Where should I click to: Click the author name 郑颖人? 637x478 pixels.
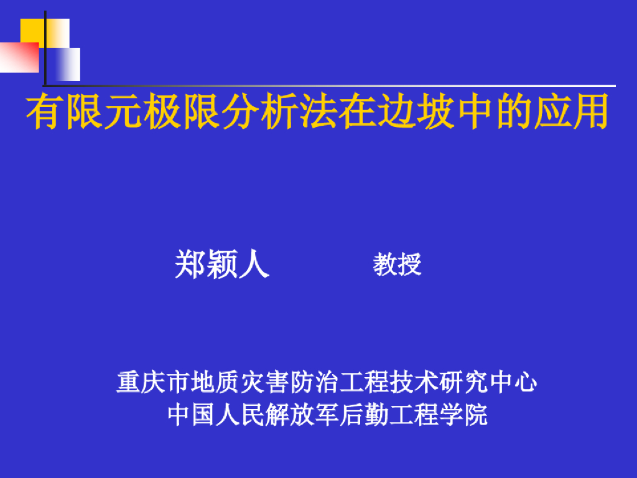221,264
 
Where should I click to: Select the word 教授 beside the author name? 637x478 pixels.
398,264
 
